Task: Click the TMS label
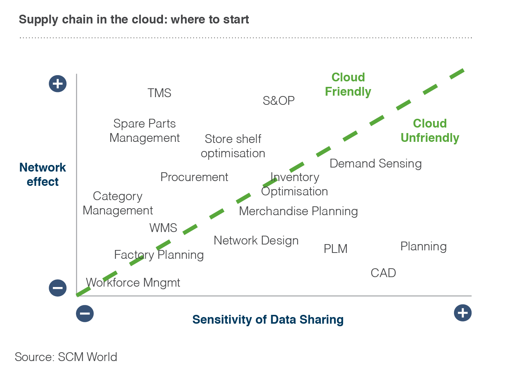point(159,93)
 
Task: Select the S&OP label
point(279,101)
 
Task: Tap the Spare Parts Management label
point(145,131)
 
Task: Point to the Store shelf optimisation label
point(233,146)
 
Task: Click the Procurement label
point(194,177)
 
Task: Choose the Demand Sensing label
point(375,163)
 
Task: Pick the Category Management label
point(118,203)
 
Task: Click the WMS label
point(163,228)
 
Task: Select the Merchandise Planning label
point(298,211)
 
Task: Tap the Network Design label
point(256,241)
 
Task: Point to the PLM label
point(335,249)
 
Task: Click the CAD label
point(383,273)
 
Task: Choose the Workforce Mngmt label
point(133,283)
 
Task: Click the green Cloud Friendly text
point(348,84)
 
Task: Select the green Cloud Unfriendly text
point(430,130)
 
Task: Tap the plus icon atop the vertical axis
point(58,84)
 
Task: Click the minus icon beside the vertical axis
point(58,288)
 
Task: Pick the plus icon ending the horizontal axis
point(462,313)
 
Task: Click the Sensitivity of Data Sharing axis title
point(268,320)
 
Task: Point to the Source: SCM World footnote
point(66,357)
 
